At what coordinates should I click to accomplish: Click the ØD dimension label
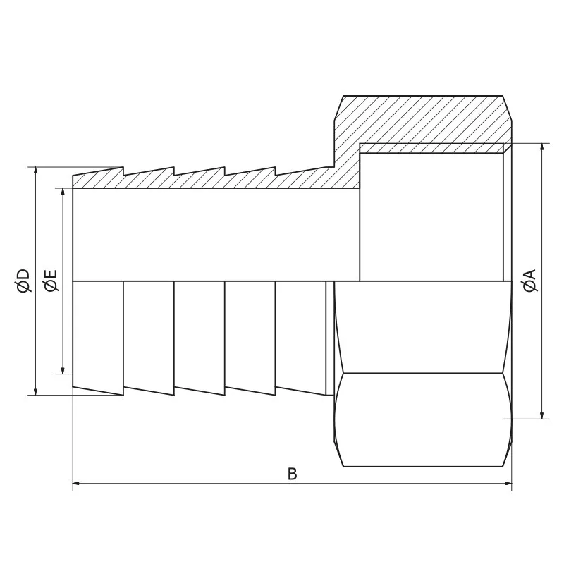23,280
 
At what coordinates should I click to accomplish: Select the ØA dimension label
530,280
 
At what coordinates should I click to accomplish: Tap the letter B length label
292,473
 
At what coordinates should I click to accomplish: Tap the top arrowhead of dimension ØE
63,192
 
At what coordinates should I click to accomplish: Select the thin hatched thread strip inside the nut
434,149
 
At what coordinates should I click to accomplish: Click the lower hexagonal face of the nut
423,419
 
